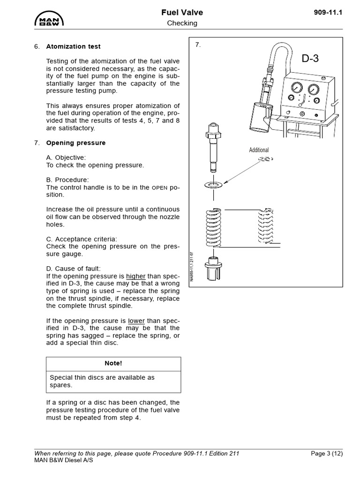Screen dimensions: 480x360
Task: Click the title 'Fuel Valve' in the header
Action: (182, 13)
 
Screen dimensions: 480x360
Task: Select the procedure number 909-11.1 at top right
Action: (328, 13)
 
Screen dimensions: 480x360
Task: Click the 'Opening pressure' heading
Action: (76, 143)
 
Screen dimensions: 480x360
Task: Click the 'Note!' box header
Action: (113, 363)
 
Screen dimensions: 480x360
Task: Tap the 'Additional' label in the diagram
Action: (259, 150)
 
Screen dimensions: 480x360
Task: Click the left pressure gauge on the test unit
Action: (297, 88)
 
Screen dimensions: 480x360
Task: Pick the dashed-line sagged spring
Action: (266, 226)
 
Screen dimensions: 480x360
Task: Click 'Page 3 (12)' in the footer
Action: (327, 453)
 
